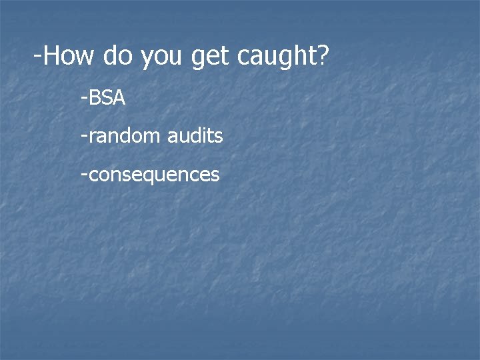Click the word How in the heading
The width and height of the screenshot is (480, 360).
tap(69, 56)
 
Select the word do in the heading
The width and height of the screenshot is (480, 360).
tap(118, 56)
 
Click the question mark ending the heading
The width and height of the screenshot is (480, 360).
tap(323, 56)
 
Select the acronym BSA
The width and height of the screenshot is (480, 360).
tap(107, 99)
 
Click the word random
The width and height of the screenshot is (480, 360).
tap(124, 137)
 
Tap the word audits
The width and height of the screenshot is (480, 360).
tap(195, 137)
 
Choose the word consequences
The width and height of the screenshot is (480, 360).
tap(153, 175)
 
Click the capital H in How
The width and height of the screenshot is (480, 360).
tap(53, 56)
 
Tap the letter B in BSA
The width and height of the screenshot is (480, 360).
tap(93, 99)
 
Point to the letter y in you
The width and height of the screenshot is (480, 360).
tap(147, 58)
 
